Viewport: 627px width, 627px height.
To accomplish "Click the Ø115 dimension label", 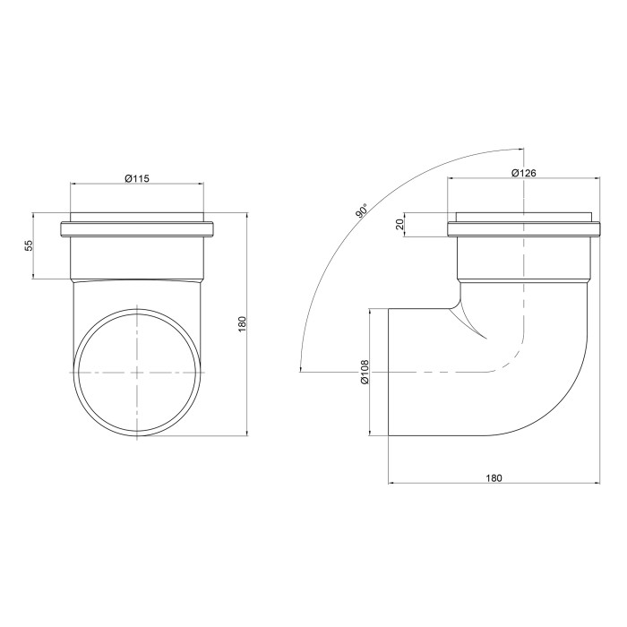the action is pos(137,178).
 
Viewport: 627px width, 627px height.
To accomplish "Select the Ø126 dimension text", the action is pos(523,173).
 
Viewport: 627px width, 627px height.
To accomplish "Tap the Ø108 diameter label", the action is pos(365,372).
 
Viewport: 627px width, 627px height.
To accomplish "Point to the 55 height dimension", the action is pos(29,245).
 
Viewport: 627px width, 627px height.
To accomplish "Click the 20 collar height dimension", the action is pos(399,224).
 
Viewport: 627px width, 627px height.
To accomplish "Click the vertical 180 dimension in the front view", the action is pos(243,324).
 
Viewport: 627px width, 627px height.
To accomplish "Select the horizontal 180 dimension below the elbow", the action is pos(494,477).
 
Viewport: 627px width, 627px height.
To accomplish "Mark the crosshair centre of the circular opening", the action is pos(137,373).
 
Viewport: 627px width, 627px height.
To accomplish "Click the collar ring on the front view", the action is pos(137,230).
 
